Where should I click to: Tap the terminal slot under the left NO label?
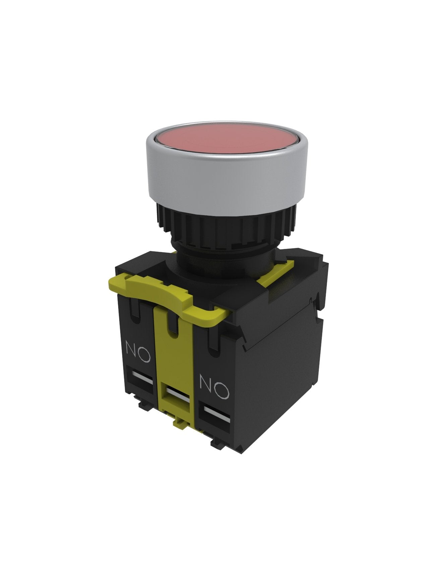[x=141, y=376]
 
